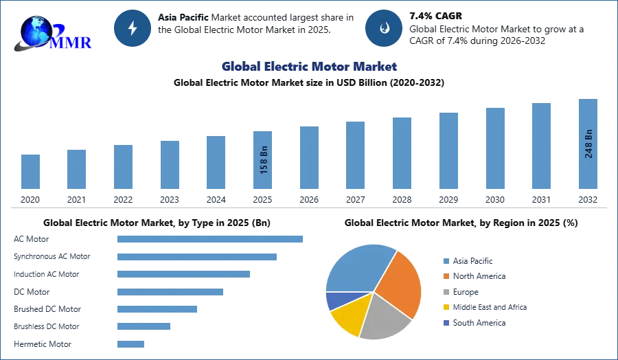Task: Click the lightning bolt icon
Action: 133,29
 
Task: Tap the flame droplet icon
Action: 384,29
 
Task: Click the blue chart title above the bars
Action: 310,67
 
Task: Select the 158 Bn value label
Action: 264,159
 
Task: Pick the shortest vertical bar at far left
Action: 30,172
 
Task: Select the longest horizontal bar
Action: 211,239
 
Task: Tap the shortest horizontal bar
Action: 131,346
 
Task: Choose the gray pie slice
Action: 385,317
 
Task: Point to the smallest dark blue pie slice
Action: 334,300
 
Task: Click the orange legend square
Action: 446,276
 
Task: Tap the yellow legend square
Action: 446,308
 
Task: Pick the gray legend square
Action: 446,292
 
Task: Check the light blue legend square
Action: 446,260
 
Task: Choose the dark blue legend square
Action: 446,324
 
